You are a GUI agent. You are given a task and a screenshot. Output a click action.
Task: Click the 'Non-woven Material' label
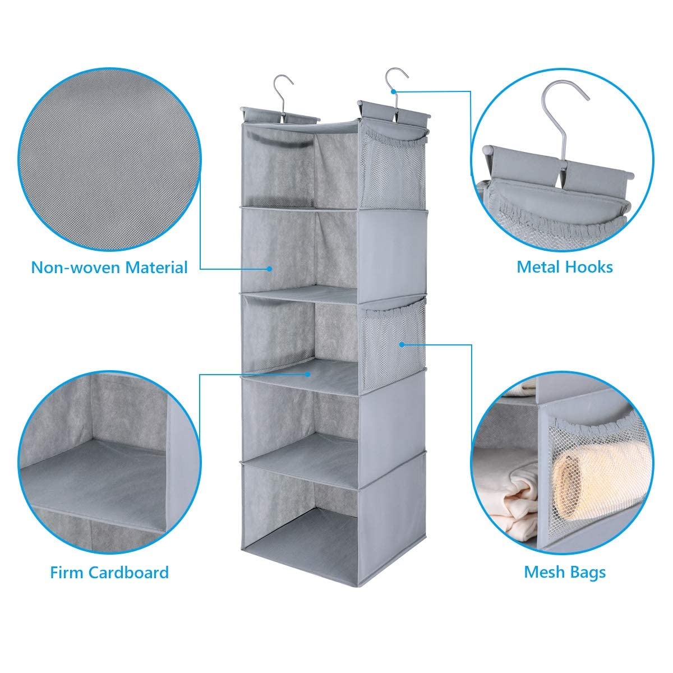(109, 267)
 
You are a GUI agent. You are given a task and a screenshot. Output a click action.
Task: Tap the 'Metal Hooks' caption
(565, 267)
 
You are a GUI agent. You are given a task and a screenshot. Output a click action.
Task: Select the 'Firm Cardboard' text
(109, 573)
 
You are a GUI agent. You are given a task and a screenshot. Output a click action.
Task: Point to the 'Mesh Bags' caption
(565, 573)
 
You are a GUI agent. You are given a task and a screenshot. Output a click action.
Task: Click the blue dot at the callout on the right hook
(394, 90)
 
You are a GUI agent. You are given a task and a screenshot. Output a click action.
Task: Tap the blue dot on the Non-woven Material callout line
(270, 269)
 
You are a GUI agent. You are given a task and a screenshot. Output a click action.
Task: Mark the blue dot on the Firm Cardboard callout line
(307, 374)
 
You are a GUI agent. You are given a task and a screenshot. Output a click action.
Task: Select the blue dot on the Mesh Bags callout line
(402, 344)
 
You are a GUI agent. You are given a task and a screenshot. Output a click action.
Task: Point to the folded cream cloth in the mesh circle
(508, 502)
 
